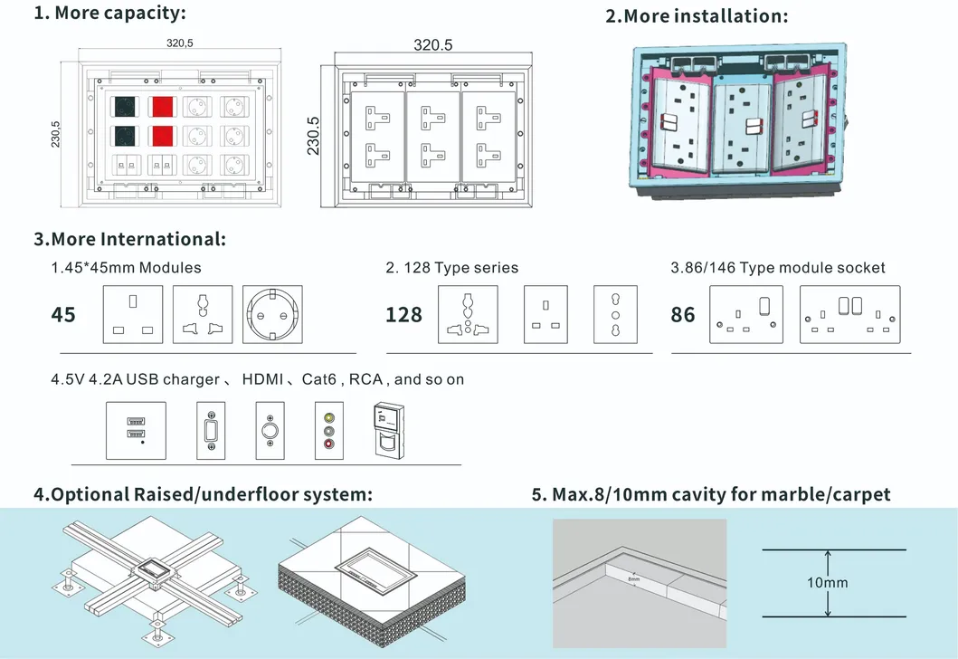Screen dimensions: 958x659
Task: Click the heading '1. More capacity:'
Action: point(109,13)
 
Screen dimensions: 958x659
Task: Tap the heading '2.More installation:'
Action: point(697,16)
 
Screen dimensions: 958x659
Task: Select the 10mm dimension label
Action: point(827,583)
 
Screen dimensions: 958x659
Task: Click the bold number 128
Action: point(403,315)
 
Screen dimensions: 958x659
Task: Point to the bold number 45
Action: point(63,315)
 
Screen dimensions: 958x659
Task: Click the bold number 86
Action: point(682,315)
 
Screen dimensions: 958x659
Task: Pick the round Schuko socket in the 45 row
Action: point(272,314)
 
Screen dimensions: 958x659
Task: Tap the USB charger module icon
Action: point(136,430)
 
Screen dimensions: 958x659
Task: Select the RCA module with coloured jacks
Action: point(328,430)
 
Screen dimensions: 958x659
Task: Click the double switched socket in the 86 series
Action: point(849,314)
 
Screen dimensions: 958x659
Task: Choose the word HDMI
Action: point(262,379)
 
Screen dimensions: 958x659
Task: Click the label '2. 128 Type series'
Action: point(452,268)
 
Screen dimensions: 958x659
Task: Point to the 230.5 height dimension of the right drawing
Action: point(313,136)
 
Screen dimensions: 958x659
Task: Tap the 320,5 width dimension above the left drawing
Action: point(180,43)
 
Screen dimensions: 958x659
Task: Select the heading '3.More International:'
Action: point(129,239)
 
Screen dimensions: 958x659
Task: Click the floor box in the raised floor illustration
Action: point(155,572)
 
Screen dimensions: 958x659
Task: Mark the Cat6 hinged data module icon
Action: point(389,430)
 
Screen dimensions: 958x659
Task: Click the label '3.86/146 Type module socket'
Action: point(778,268)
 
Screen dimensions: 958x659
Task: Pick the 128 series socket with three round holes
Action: point(615,314)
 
